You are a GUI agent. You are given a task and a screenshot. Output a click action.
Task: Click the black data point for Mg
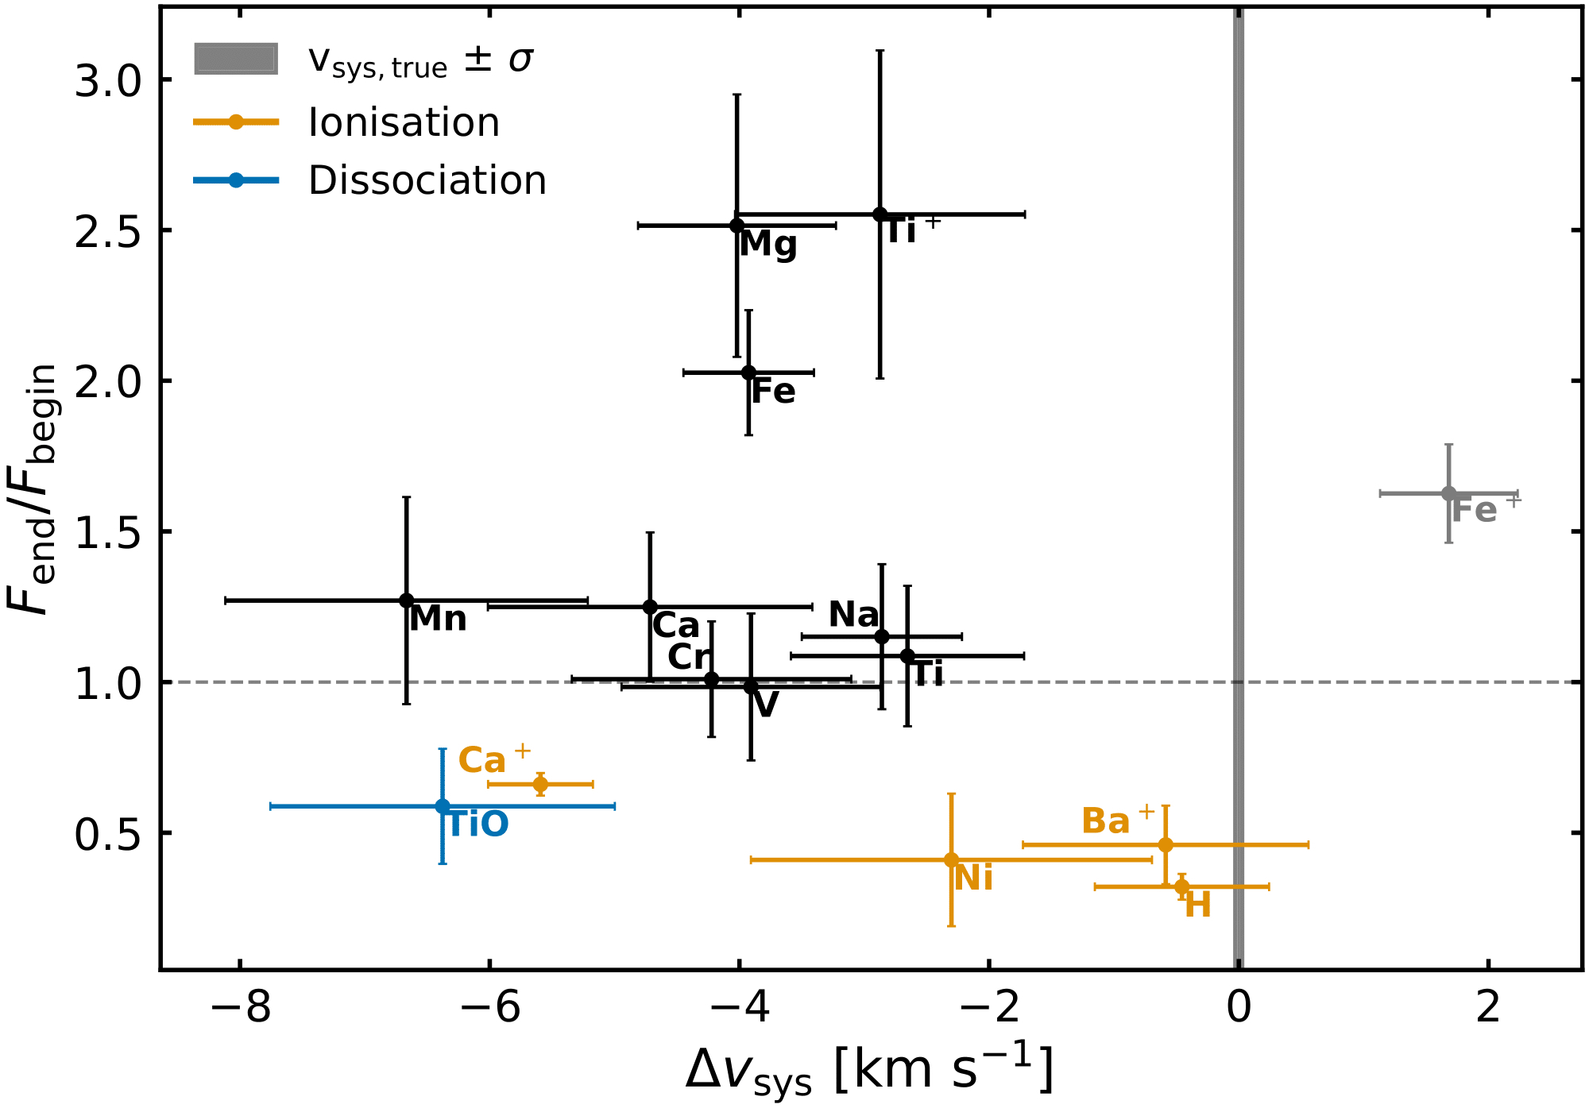coord(737,226)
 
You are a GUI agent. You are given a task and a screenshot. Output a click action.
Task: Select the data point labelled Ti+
coord(880,214)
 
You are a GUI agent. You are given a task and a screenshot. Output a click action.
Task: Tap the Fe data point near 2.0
coord(748,373)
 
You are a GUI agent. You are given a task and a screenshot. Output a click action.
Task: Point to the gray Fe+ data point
coord(1448,493)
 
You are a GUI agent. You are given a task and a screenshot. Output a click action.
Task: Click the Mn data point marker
coord(406,600)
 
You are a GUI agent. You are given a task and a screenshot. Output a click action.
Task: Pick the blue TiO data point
coord(443,806)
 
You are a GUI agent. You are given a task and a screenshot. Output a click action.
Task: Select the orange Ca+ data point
coord(540,784)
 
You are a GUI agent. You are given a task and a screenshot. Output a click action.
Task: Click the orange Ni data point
coord(951,859)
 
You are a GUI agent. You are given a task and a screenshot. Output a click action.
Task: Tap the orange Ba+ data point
coord(1166,844)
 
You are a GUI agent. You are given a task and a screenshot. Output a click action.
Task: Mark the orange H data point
coord(1182,886)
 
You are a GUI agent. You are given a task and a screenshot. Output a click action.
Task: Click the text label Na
coord(853,615)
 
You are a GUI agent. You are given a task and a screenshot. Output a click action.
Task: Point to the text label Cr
coord(689,657)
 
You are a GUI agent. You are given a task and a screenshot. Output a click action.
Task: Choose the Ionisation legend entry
coord(404,122)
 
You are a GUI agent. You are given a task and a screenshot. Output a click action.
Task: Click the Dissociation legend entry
coord(427,181)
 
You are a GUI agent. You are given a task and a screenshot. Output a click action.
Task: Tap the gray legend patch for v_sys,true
coord(236,59)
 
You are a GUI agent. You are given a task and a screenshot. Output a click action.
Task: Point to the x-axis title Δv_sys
coord(870,1071)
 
